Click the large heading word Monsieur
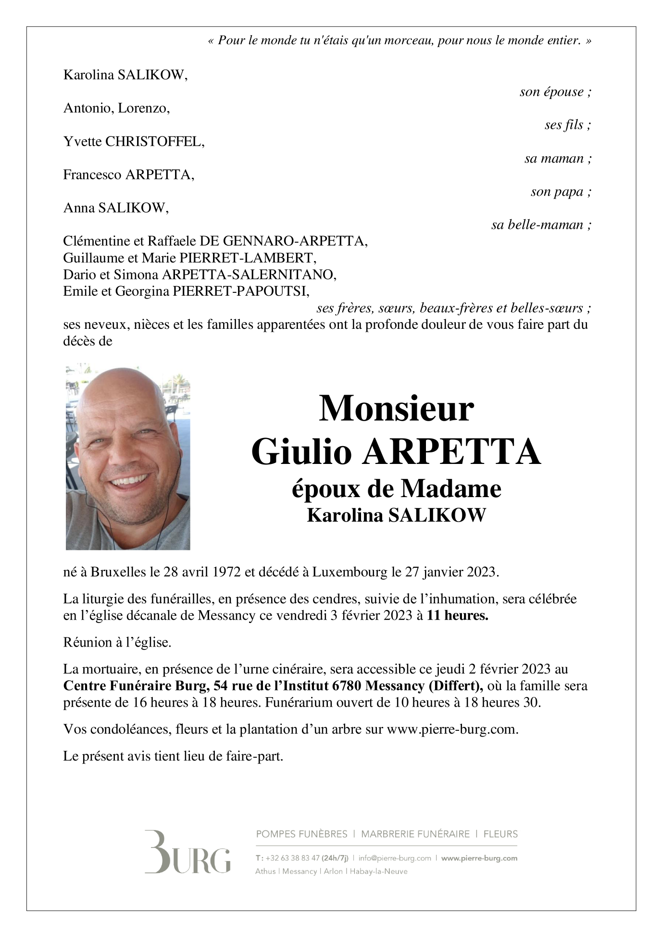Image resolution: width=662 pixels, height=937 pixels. click(x=396, y=409)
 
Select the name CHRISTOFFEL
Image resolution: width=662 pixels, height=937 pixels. click(x=154, y=142)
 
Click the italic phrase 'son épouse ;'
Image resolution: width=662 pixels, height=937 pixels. click(x=555, y=92)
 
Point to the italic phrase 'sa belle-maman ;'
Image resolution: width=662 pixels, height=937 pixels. click(x=541, y=225)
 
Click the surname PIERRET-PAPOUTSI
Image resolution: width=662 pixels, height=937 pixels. click(x=241, y=292)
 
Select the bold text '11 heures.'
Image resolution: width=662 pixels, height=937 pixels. click(x=457, y=616)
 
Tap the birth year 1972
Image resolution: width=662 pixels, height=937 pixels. click(x=226, y=572)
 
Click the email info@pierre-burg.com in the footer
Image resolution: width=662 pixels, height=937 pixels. click(x=395, y=858)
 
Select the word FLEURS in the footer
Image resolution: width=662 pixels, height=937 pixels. click(x=500, y=834)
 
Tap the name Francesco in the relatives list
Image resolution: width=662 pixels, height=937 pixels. click(x=92, y=175)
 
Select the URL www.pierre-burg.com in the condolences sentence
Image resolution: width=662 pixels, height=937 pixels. click(x=451, y=729)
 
